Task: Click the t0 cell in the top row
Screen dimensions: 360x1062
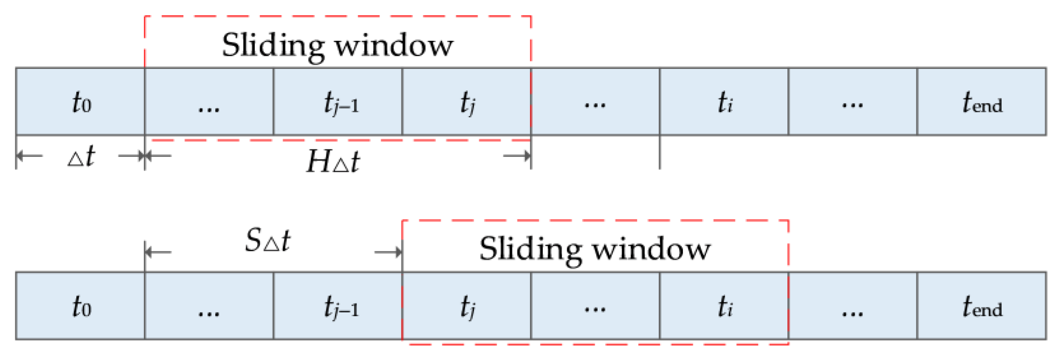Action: pos(81,102)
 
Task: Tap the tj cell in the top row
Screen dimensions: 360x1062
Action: pos(467,102)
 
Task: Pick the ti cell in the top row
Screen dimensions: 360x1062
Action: pos(724,102)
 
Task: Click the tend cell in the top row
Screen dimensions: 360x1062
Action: pos(982,102)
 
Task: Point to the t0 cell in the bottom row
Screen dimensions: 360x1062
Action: pos(81,306)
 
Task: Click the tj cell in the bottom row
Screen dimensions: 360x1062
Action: pos(467,306)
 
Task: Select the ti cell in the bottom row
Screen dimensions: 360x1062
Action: pos(724,306)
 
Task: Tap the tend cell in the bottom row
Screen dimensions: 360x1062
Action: pos(982,306)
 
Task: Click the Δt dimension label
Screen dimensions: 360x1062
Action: pos(81,157)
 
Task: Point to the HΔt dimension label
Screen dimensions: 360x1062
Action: pos(334,162)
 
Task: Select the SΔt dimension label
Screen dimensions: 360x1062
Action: pos(268,241)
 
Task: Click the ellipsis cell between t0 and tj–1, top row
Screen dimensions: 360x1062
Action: pos(209,102)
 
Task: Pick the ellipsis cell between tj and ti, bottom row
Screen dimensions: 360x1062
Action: pos(595,306)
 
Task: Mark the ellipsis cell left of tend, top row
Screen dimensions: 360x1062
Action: pos(853,102)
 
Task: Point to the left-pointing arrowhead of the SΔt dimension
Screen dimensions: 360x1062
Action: pos(149,252)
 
